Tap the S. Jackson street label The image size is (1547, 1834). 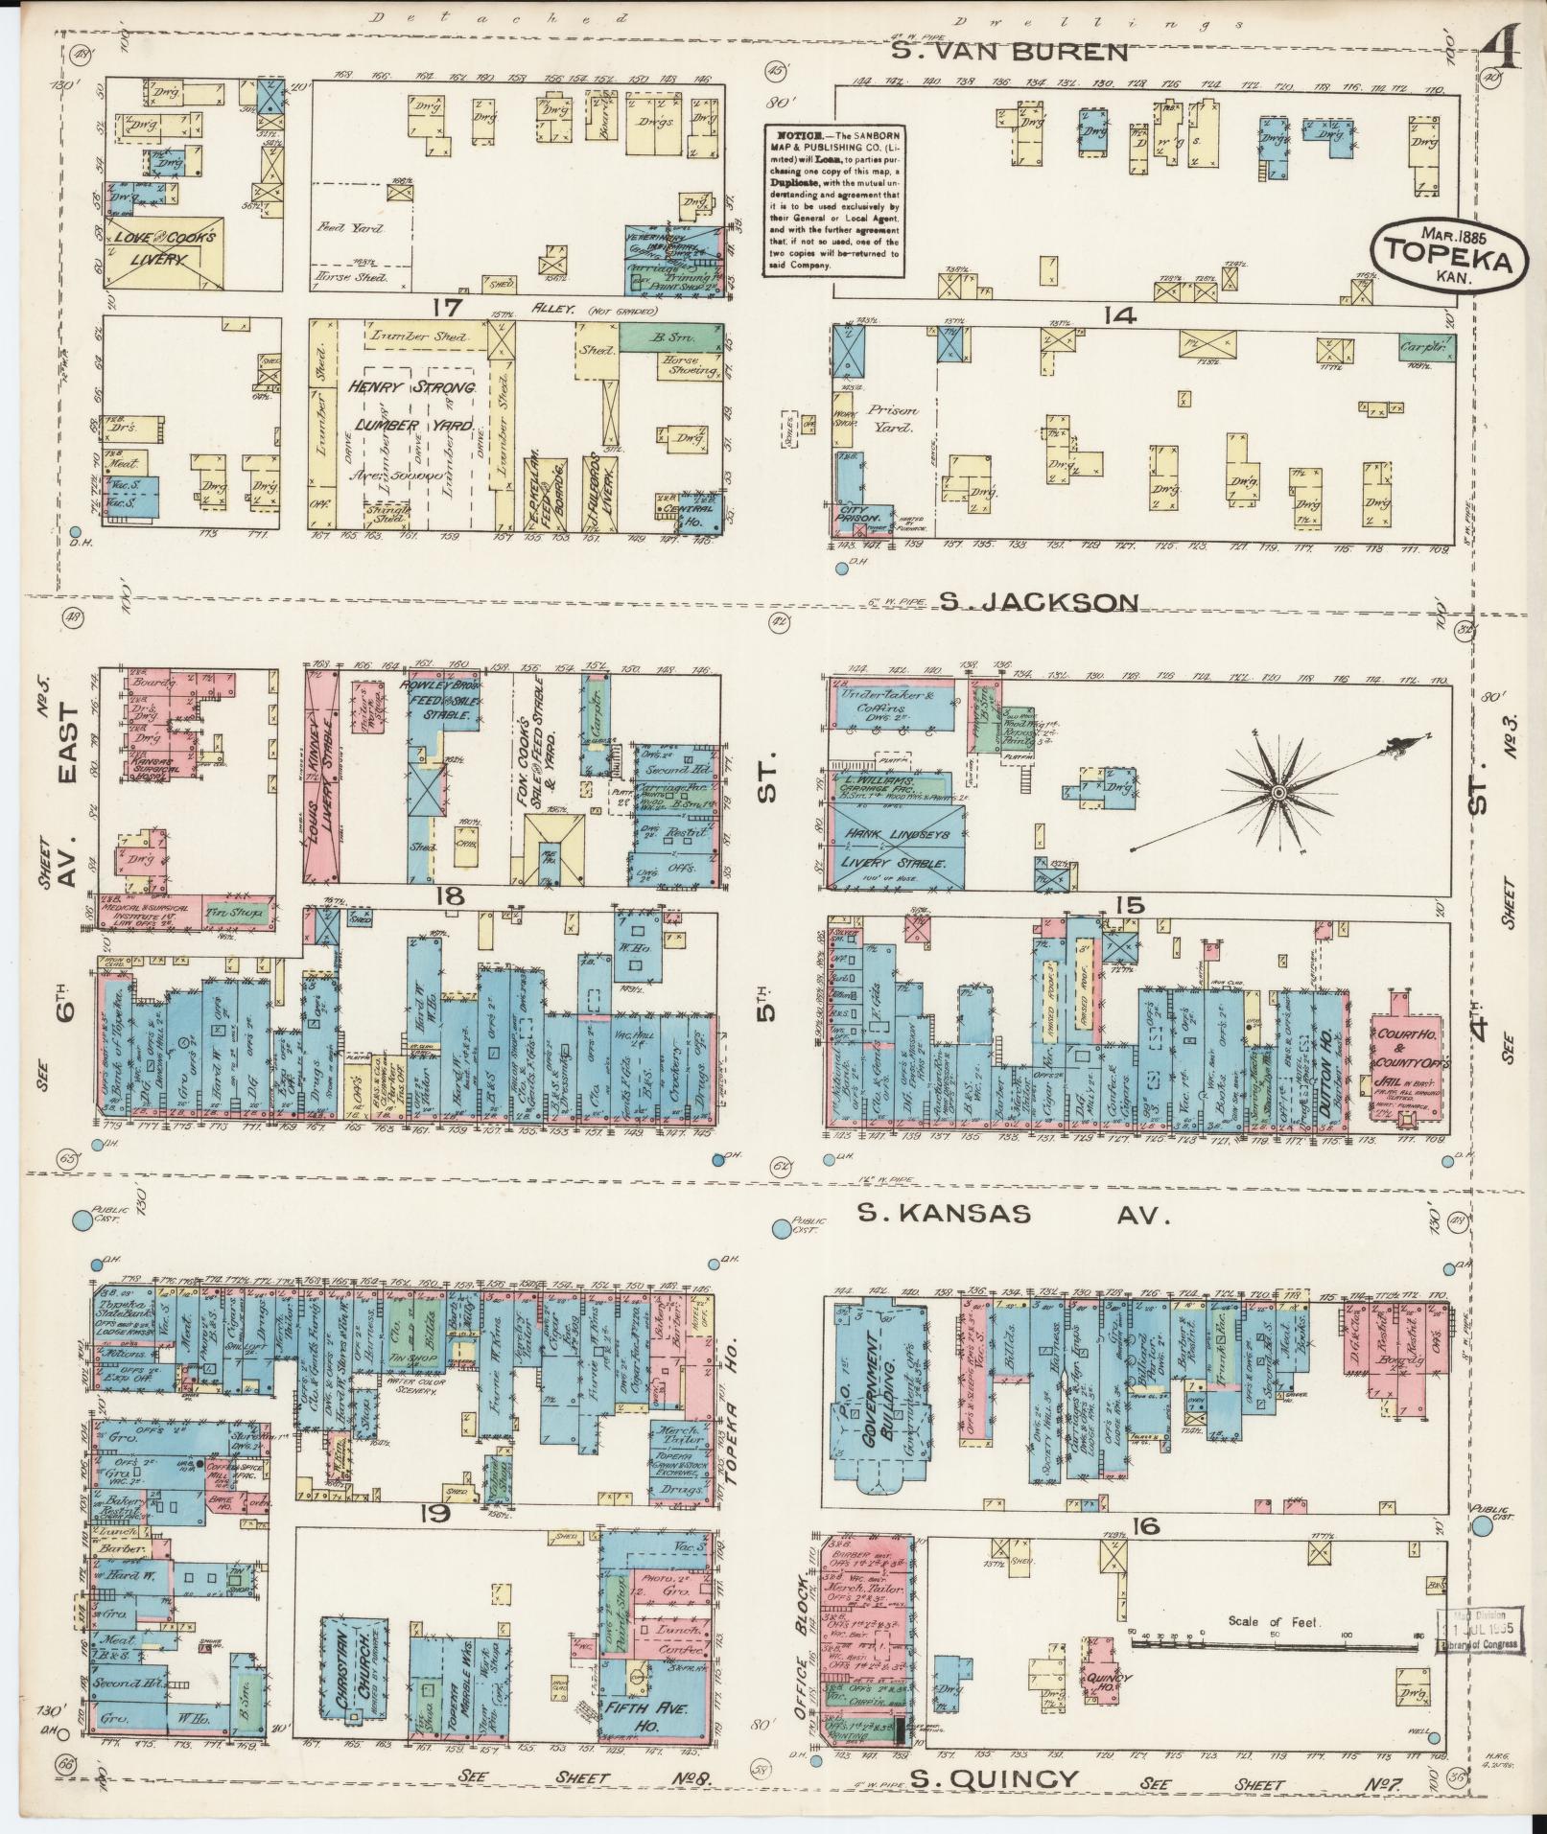[x=1038, y=602]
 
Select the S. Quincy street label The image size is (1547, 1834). [x=995, y=1779]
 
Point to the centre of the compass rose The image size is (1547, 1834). [x=1278, y=792]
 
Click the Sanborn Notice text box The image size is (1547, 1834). [x=834, y=200]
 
